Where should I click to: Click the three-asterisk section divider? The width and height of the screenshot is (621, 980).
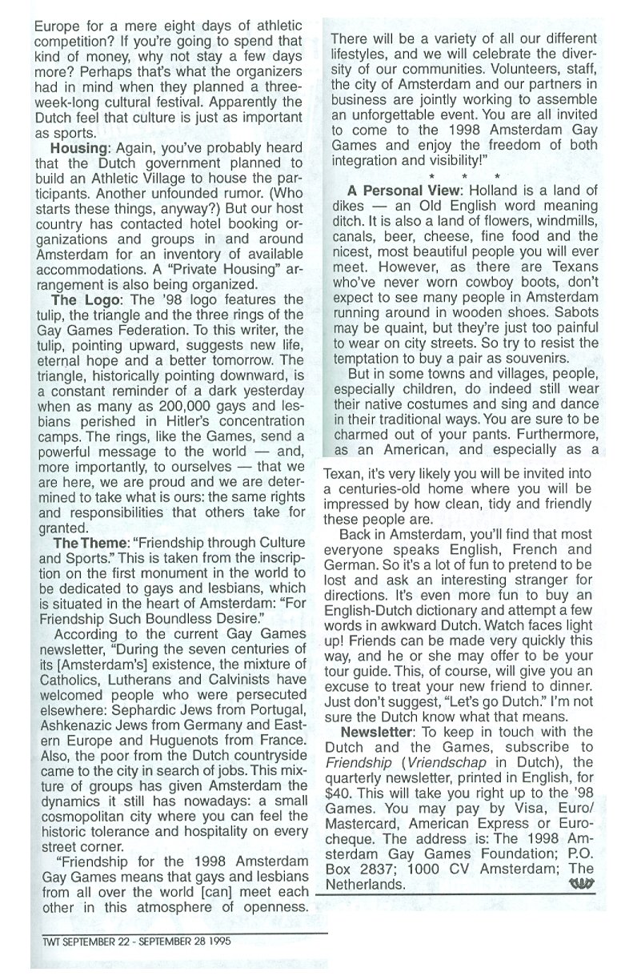click(x=464, y=175)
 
